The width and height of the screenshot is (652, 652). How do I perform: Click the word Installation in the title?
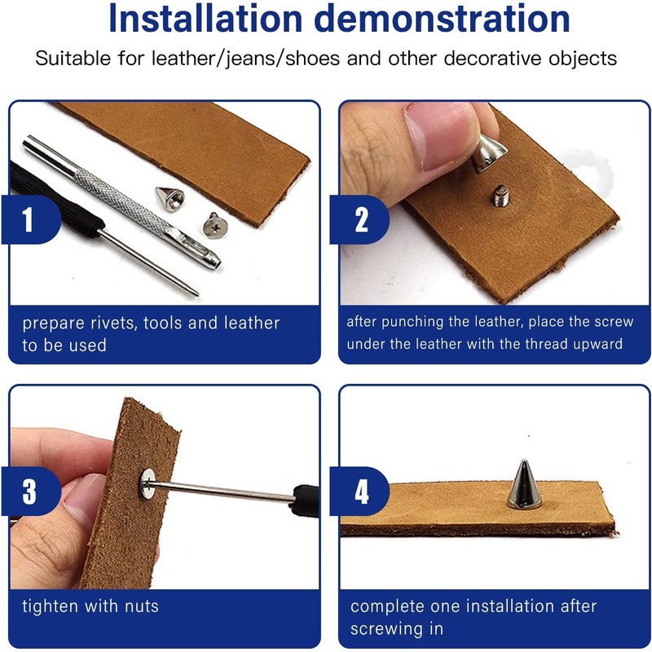tap(205, 19)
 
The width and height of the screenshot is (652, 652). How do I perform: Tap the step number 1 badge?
tap(31, 219)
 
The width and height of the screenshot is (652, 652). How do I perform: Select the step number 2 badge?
tap(359, 219)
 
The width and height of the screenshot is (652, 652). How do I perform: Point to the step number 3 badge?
tap(31, 491)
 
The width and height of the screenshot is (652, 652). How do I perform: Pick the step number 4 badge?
tap(359, 491)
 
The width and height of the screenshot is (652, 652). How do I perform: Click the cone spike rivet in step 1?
tap(170, 199)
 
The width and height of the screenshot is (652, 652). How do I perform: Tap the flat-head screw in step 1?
tap(215, 226)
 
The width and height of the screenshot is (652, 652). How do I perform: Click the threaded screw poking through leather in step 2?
tap(500, 196)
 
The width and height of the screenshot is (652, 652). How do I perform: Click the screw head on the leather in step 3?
tap(148, 483)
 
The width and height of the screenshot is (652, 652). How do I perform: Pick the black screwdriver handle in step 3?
tap(306, 500)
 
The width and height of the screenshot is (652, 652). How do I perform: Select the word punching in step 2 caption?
tap(412, 322)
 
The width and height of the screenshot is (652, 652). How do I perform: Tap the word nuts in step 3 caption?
tap(142, 606)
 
